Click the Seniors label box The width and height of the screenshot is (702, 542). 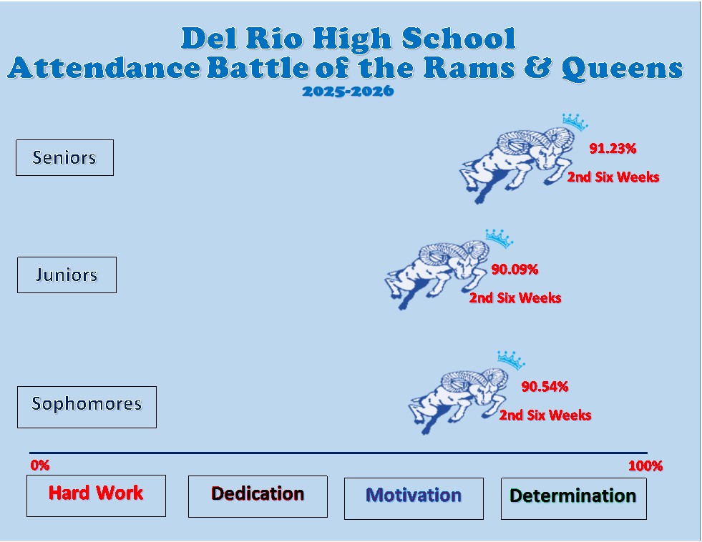tap(64, 157)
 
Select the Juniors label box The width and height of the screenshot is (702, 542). tap(67, 275)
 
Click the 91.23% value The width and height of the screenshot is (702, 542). tap(613, 149)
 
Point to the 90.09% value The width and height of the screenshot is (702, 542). tap(515, 270)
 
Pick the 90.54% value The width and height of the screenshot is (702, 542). tap(545, 387)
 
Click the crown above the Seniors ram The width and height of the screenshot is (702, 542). tap(574, 122)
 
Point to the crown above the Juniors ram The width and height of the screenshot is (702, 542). tap(499, 237)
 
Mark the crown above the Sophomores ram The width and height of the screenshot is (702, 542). tap(510, 358)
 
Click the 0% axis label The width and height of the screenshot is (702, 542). tap(40, 465)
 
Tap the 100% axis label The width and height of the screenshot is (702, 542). tap(645, 466)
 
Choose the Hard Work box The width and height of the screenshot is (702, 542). tap(96, 495)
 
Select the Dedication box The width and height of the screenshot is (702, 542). tap(258, 496)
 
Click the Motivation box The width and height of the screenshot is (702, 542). tap(414, 498)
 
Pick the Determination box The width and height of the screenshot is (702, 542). tap(573, 498)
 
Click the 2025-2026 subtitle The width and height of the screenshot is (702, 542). tap(348, 92)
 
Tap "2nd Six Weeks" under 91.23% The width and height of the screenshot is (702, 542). tap(613, 177)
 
